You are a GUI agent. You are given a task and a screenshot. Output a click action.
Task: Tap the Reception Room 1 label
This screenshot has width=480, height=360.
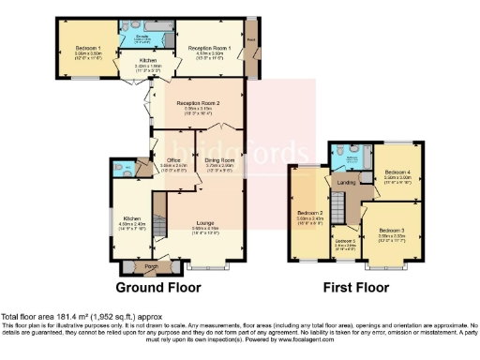pyautogui.click(x=209, y=47)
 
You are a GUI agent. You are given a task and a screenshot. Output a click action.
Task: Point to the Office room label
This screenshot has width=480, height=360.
pyautogui.click(x=172, y=159)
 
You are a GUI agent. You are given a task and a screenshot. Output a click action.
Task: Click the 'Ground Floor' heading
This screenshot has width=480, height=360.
pyautogui.click(x=157, y=286)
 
